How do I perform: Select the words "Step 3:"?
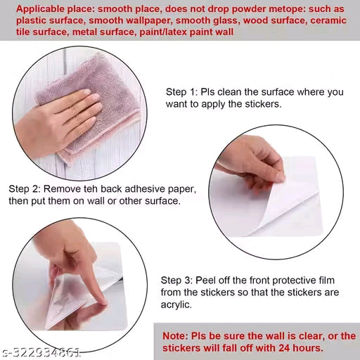coord(176,281)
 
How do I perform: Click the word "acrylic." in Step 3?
coord(176,305)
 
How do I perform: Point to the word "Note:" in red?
coord(175,336)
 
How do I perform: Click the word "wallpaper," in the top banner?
coord(148,20)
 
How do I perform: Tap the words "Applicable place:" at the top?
coord(56,9)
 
